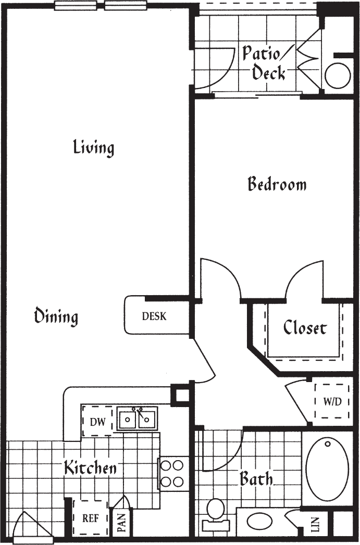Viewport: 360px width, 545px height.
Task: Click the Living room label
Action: point(93,147)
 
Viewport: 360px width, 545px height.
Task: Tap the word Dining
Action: point(56,316)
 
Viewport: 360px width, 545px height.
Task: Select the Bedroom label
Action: point(277,184)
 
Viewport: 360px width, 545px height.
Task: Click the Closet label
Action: point(305,328)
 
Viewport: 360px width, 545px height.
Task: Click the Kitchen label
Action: point(90,468)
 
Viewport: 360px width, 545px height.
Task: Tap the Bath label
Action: point(256,478)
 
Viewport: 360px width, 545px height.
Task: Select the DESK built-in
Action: point(155,316)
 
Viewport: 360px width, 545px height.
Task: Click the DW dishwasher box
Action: point(97,422)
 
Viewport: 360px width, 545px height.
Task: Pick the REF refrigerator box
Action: point(91,518)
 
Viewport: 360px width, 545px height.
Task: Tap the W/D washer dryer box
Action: point(332,401)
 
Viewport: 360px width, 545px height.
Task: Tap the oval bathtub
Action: point(327,469)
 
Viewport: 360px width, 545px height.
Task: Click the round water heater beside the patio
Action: point(337,76)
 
